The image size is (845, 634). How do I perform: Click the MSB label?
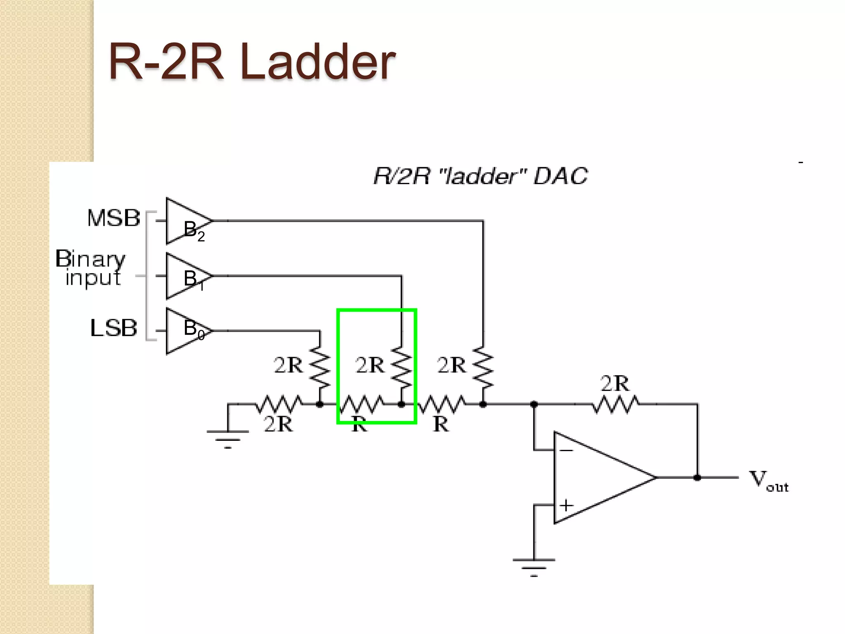pyautogui.click(x=113, y=218)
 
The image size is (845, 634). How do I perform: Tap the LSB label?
pyautogui.click(x=113, y=328)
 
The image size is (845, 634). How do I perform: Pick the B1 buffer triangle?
pyautogui.click(x=186, y=276)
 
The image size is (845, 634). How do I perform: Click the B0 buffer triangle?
pyautogui.click(x=186, y=331)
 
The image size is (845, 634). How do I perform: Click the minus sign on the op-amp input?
pyautogui.click(x=566, y=450)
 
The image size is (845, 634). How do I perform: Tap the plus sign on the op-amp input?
pyautogui.click(x=566, y=505)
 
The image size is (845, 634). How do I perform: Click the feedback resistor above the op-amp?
pyautogui.click(x=616, y=404)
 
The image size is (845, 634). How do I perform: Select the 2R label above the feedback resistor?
pyautogui.click(x=615, y=383)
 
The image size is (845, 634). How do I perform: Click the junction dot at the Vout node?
pyautogui.click(x=697, y=478)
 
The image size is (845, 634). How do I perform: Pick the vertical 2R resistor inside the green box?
pyautogui.click(x=401, y=367)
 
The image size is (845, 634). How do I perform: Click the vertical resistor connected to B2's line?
pyautogui.click(x=483, y=367)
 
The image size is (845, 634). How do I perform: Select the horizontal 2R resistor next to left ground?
pyautogui.click(x=279, y=404)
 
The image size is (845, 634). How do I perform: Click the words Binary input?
pyautogui.click(x=91, y=267)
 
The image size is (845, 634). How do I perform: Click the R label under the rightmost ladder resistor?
pyautogui.click(x=441, y=424)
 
